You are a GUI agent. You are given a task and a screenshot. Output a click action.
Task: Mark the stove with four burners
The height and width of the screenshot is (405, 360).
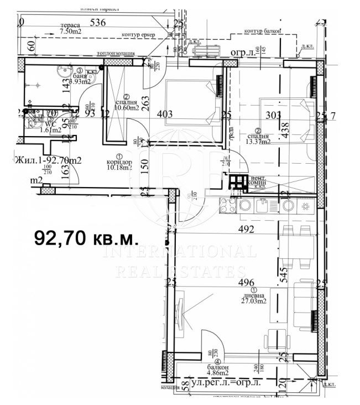tap(228, 205)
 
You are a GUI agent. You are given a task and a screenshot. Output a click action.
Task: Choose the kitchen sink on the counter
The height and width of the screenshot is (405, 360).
tap(257, 205)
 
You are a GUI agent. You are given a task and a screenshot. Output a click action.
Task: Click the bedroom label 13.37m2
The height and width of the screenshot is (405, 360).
tap(259, 142)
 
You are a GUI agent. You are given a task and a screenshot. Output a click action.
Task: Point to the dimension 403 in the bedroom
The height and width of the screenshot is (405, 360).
tap(165, 115)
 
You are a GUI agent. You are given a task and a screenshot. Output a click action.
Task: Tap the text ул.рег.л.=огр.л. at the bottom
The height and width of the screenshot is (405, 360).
tap(227, 383)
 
